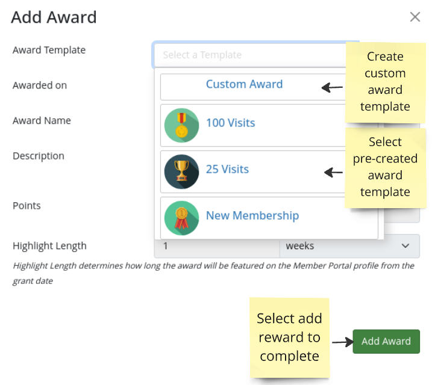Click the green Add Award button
[386, 341]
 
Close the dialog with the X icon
[415, 17]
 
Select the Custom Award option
[244, 84]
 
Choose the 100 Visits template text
[230, 123]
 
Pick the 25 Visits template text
[227, 169]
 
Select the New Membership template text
[252, 215]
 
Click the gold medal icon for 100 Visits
[181, 125]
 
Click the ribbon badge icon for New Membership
[181, 218]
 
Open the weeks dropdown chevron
[405, 246]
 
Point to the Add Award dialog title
[54, 17]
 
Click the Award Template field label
[49, 50]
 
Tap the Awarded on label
[40, 85]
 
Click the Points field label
[27, 206]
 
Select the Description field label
[39, 156]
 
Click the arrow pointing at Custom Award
[332, 88]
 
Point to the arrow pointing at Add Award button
[342, 342]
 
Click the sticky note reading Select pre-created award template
[385, 167]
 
